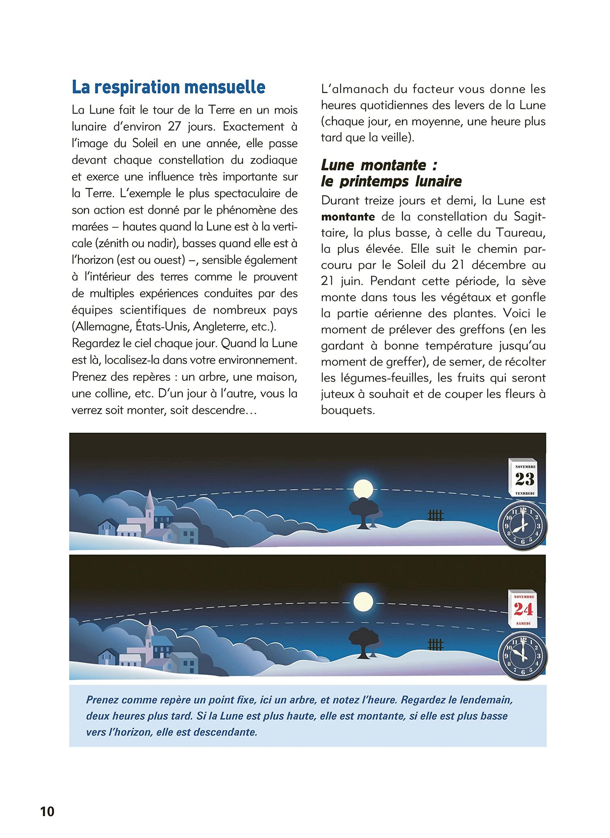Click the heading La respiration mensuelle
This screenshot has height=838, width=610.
pyautogui.click(x=168, y=87)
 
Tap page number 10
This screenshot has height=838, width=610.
pyautogui.click(x=47, y=811)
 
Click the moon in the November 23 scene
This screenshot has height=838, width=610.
pyautogui.click(x=363, y=489)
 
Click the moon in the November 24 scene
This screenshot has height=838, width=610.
pyautogui.click(x=363, y=601)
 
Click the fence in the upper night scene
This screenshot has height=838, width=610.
pyautogui.click(x=435, y=515)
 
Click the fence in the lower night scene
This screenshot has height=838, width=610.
pyautogui.click(x=435, y=644)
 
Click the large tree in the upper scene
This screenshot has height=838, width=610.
pyautogui.click(x=363, y=509)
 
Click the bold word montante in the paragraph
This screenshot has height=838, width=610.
pyautogui.click(x=348, y=217)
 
